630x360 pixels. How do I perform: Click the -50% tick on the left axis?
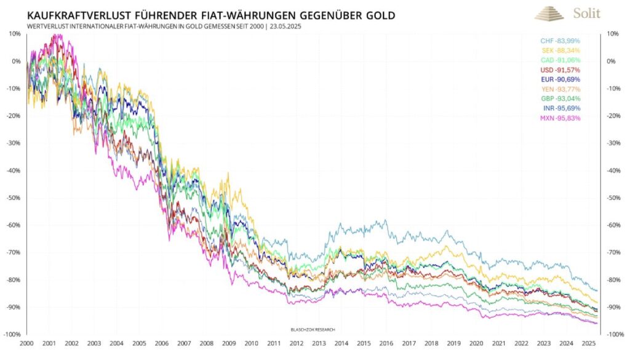tap(13, 198)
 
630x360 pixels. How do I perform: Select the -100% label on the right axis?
tap(617, 334)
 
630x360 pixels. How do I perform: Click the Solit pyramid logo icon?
tap(549, 13)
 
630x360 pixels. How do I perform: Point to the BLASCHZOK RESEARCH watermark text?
tap(313, 329)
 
